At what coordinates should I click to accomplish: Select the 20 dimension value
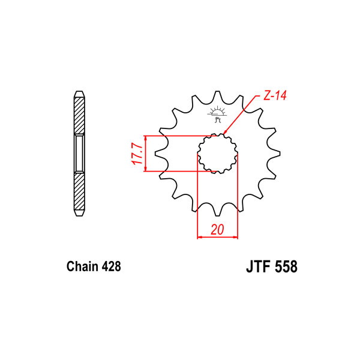[217, 229]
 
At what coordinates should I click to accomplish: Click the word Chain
[81, 266]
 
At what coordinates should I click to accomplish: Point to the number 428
[111, 266]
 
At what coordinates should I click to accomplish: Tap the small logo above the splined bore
[217, 112]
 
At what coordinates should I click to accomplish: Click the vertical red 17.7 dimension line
[146, 154]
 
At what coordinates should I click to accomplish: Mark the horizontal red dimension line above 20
[218, 238]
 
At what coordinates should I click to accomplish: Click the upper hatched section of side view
[79, 116]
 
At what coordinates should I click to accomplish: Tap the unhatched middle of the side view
[79, 154]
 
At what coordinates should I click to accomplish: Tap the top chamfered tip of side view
[79, 94]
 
